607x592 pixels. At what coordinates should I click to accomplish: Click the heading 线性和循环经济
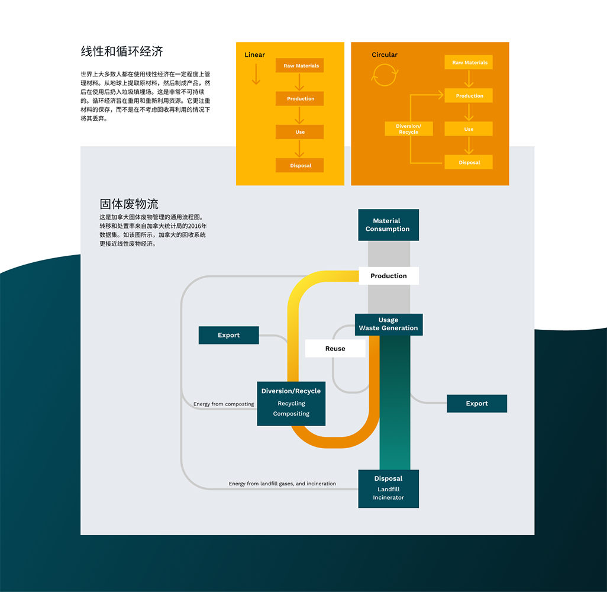[122, 52]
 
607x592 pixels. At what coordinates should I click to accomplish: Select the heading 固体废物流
[129, 204]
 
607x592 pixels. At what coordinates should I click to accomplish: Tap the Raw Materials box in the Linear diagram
[300, 66]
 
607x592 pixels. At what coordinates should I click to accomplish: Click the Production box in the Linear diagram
[300, 99]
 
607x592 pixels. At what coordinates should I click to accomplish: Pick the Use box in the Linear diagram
[300, 132]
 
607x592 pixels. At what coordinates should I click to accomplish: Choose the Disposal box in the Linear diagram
[300, 165]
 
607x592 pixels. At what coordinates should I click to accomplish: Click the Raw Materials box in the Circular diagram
[469, 62]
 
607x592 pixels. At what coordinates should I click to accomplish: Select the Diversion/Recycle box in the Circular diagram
[408, 129]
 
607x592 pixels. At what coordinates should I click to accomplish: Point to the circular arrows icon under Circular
[384, 75]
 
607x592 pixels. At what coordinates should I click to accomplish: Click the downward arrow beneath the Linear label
[256, 74]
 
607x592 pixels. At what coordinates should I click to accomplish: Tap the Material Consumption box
[388, 225]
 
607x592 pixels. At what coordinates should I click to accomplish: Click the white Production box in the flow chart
[388, 276]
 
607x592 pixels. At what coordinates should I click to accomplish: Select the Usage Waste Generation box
[388, 324]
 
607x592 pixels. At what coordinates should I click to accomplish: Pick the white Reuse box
[335, 349]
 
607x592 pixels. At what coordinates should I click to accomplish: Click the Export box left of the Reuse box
[228, 335]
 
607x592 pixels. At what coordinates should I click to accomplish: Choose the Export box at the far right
[477, 404]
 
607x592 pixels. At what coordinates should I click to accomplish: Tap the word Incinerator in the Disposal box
[388, 498]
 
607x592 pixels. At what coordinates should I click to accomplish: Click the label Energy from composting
[224, 404]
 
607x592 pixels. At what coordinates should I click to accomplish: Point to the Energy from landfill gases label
[282, 484]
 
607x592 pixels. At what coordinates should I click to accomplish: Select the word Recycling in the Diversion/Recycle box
[291, 404]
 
